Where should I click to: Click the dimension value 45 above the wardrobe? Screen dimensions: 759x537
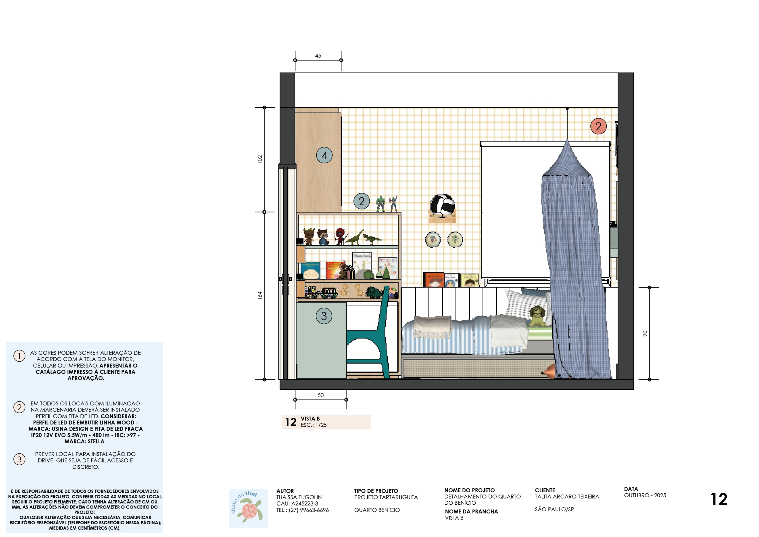pyautogui.click(x=318, y=55)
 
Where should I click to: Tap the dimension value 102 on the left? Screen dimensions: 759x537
pyautogui.click(x=260, y=159)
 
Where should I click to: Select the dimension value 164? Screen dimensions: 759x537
pyautogui.click(x=260, y=295)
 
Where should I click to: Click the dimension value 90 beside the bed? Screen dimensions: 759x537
pyautogui.click(x=645, y=333)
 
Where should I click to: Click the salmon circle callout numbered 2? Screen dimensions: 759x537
pyautogui.click(x=598, y=126)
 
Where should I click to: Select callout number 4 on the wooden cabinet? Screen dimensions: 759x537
pyautogui.click(x=324, y=155)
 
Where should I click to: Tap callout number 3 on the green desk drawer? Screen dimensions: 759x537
pyautogui.click(x=324, y=316)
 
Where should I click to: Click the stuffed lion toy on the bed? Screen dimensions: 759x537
pyautogui.click(x=537, y=316)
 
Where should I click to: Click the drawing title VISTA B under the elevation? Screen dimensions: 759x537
pyautogui.click(x=310, y=419)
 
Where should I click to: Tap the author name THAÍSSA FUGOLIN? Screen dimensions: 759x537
pyautogui.click(x=299, y=497)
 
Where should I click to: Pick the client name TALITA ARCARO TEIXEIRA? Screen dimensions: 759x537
pyautogui.click(x=567, y=497)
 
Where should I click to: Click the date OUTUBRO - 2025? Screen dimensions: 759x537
pyautogui.click(x=645, y=495)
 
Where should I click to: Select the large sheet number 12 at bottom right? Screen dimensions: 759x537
pyautogui.click(x=719, y=499)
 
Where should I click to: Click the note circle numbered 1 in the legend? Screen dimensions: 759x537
pyautogui.click(x=19, y=356)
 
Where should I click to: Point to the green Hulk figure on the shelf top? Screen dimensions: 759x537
pyautogui.click(x=380, y=204)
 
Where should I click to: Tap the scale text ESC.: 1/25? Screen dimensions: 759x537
pyautogui.click(x=313, y=425)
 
